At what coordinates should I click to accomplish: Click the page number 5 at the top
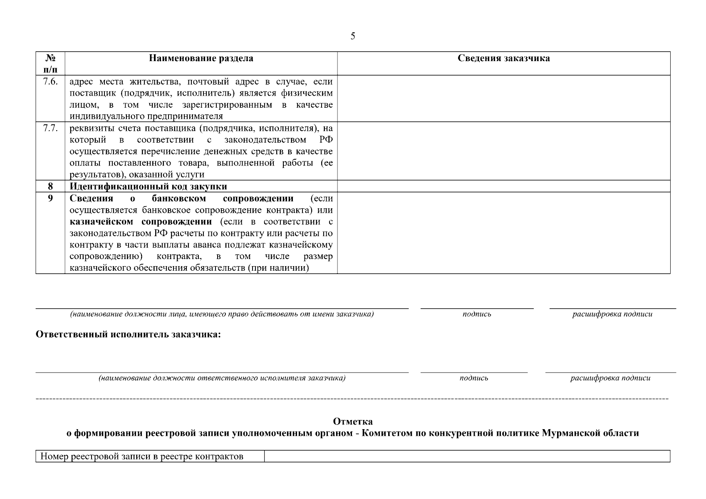pos(353,37)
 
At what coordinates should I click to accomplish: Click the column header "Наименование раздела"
pos(201,58)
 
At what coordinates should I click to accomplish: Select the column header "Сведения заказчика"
pos(503,58)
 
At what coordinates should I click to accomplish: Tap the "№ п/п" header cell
pos(50,63)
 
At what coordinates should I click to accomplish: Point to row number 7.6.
pos(50,82)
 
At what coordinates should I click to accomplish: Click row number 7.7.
pos(50,128)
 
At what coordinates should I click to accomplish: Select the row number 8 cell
pos(50,186)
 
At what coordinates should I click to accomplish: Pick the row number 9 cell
pos(50,198)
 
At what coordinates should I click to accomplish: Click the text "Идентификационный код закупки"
pos(148,186)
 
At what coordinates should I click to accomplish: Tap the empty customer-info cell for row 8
pos(503,186)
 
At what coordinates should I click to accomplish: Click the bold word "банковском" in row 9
pos(179,198)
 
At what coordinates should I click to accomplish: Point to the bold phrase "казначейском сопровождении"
pos(141,222)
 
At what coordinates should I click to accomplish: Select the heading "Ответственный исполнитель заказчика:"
pos(128,335)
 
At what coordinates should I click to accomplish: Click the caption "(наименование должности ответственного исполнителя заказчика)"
pos(222,378)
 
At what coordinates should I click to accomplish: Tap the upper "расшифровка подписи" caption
pos(612,314)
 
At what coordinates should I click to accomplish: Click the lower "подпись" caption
pos(474,378)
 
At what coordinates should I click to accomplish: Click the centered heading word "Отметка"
pos(353,422)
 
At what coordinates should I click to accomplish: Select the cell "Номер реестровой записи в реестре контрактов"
pos(141,457)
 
